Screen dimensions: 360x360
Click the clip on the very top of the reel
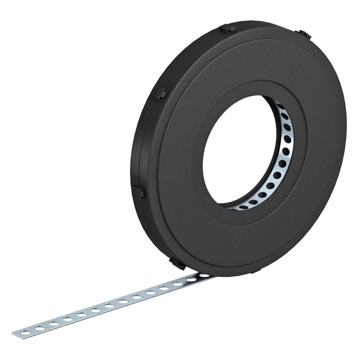tap(228, 29)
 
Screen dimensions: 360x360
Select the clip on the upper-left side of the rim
tap(160, 95)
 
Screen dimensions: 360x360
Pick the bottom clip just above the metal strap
tap(178, 264)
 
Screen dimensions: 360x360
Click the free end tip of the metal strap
tap(14, 333)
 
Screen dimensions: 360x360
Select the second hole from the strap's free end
tap(40, 328)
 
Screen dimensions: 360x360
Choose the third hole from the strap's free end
tap(54, 324)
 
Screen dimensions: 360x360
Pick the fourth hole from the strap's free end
tap(68, 319)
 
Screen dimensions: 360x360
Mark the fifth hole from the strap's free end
tap(82, 314)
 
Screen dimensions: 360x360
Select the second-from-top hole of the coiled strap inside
tap(284, 116)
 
